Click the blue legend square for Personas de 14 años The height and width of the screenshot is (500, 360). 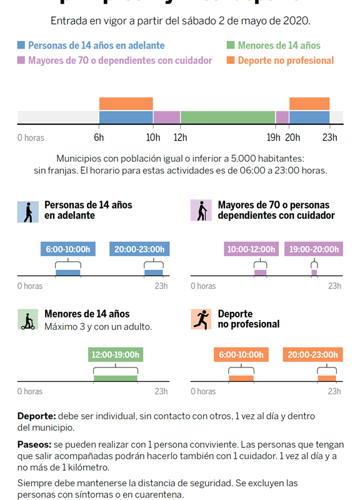[22, 45]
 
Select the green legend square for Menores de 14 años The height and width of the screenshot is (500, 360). [231, 45]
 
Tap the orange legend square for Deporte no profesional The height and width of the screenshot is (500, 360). [231, 60]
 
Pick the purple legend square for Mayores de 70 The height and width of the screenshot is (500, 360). [22, 60]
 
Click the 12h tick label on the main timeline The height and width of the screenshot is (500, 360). [180, 137]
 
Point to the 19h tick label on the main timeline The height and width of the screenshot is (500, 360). [273, 137]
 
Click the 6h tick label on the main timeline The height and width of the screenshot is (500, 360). [99, 137]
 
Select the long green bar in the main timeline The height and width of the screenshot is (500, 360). [227, 117]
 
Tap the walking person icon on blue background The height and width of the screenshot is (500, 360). [27, 211]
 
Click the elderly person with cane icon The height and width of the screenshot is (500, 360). [201, 211]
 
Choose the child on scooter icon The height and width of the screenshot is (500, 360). [27, 319]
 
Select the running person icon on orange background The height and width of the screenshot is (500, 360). [201, 319]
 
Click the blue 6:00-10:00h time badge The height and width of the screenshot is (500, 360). [68, 249]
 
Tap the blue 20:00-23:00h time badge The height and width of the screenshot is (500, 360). [140, 249]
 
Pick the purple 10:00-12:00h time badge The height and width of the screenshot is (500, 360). [251, 249]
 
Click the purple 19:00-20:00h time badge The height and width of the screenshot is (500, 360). [314, 249]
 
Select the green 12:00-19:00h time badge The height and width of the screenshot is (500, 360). [115, 354]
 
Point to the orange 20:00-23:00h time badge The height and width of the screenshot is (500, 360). [313, 354]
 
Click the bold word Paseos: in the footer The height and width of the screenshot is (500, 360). [34, 444]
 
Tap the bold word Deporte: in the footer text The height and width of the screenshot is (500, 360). [36, 416]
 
